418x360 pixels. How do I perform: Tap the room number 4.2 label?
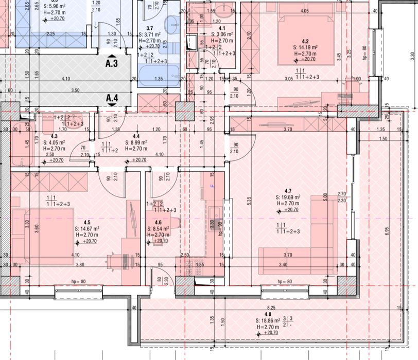305,41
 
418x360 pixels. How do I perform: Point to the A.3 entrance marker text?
112,64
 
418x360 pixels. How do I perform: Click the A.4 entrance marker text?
112,97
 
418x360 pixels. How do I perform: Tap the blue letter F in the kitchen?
211,187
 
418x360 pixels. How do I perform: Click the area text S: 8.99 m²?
136,143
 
